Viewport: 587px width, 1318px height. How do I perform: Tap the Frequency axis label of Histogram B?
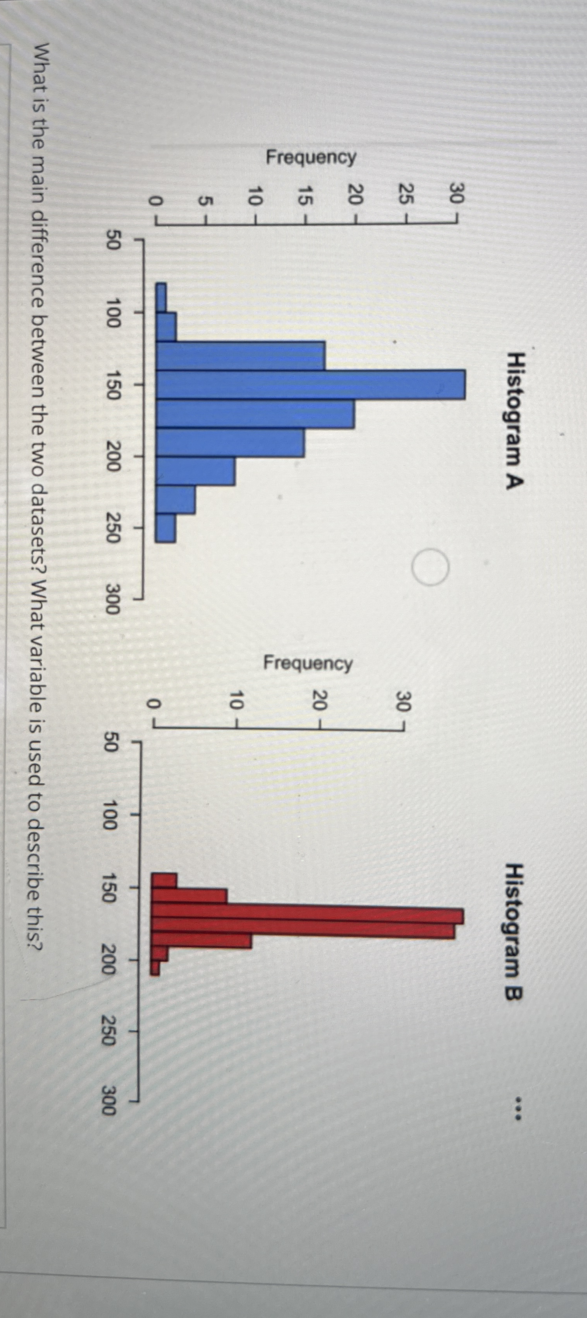coord(308,663)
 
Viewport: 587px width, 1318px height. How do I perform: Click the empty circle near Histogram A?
coord(431,567)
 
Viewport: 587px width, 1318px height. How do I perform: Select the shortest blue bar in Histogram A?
coord(161,297)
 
